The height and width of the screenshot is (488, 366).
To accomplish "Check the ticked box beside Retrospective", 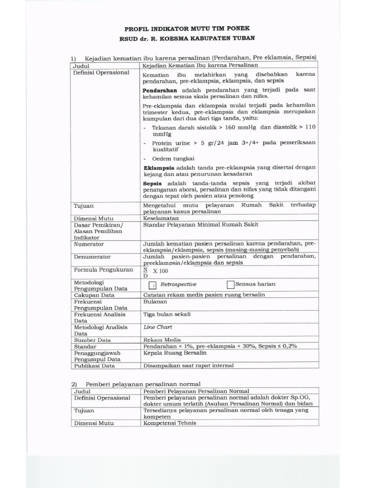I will pos(152,285).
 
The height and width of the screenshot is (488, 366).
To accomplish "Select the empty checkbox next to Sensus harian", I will pos(231,285).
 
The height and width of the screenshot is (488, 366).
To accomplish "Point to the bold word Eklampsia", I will pos(159,168).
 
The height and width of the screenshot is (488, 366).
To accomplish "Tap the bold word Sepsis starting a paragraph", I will pos(152,183).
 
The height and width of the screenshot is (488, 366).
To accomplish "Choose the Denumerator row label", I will pos(92,257).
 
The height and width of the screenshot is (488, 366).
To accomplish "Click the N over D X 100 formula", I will pos(155,272).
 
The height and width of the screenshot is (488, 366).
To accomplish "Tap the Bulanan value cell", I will pos(155,302).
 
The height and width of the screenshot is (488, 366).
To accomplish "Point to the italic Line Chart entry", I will pos(158,327).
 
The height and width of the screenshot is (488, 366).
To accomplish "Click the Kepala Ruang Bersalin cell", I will pos(175,353).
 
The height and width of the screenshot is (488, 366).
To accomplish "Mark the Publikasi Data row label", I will pos(94,366).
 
